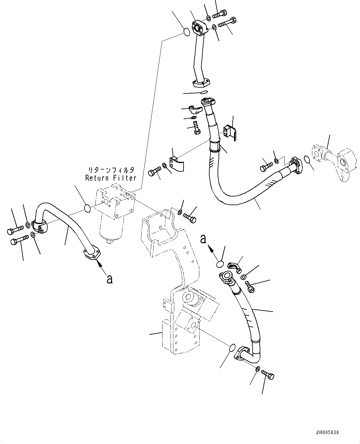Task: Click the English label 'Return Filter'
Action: (x=111, y=178)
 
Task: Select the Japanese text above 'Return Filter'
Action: (x=111, y=170)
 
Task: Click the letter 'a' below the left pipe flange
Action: (x=109, y=279)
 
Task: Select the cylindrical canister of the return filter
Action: (x=111, y=229)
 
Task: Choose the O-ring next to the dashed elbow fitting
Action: (x=307, y=159)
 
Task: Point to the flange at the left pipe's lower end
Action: (x=92, y=254)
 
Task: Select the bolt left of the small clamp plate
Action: (x=154, y=171)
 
